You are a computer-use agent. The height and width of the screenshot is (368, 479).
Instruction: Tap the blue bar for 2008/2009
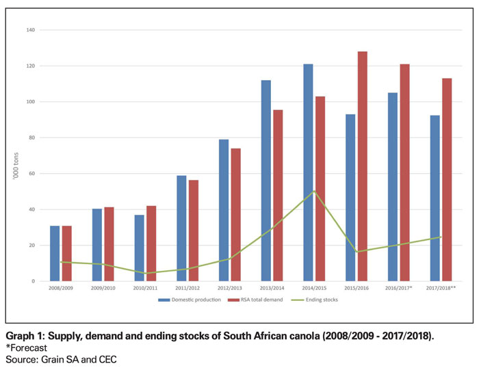(x=55, y=253)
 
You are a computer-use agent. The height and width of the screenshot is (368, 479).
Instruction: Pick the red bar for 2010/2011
(x=151, y=244)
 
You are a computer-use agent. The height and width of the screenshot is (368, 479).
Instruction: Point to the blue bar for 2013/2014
(x=266, y=181)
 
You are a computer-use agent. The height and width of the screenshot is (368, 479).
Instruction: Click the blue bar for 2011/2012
(x=181, y=228)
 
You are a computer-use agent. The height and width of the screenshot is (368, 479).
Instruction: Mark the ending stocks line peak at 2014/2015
(x=313, y=192)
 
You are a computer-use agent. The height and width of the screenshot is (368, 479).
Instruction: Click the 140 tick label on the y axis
(x=31, y=31)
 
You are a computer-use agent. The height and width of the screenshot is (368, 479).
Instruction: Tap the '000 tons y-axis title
(x=16, y=156)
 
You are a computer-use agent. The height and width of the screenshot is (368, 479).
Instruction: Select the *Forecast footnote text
(x=27, y=347)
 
